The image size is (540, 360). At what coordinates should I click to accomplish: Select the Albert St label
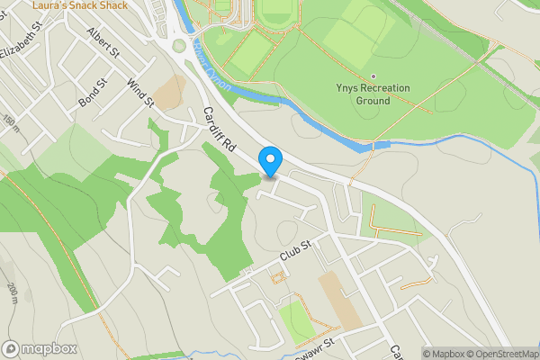(103, 42)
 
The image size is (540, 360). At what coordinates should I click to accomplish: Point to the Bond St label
(93, 91)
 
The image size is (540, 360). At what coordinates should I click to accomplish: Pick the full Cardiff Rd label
(219, 130)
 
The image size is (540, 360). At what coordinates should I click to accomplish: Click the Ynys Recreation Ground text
(373, 94)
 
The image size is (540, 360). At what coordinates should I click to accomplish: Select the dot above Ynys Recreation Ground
(373, 76)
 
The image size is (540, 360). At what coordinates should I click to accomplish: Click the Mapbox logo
(38, 348)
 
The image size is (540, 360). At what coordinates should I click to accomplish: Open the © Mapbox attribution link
(445, 354)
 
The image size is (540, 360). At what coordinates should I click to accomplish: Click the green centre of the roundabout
(178, 45)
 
